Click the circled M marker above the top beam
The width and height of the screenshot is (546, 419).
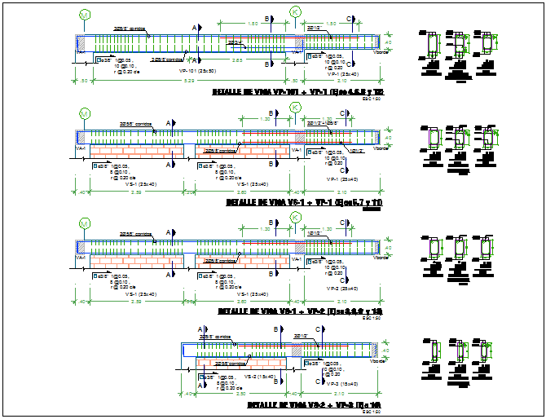[x=84, y=15]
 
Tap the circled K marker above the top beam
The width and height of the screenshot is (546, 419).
[x=295, y=13]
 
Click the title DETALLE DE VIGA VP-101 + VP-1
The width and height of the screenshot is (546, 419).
[x=297, y=93]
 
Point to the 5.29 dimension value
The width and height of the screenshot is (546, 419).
[x=189, y=82]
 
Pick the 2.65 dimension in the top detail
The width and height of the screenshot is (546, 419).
[x=236, y=60]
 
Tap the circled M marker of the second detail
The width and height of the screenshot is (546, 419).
[x=84, y=112]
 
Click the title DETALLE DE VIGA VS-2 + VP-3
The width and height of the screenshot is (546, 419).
[x=313, y=405]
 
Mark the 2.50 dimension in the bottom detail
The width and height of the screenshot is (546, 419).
[x=233, y=393]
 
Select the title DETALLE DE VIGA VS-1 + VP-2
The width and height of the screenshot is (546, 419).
[x=300, y=311]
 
